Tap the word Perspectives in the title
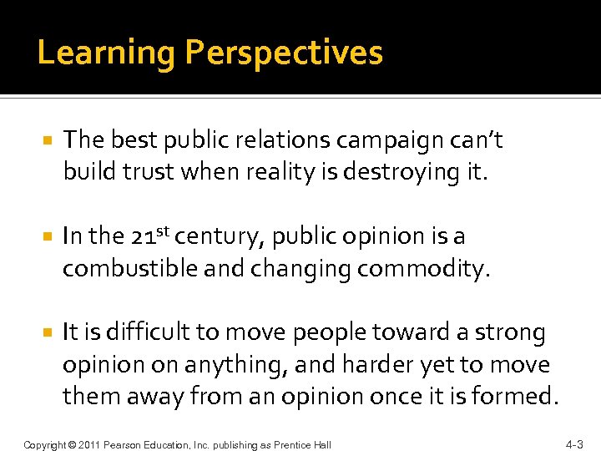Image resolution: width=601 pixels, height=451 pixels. click(284, 53)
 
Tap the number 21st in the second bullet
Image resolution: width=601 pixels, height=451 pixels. click(152, 236)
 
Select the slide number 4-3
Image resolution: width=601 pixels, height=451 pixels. click(574, 444)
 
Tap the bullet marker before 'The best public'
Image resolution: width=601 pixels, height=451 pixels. click(49, 140)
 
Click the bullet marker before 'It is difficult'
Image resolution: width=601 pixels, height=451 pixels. click(49, 333)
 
